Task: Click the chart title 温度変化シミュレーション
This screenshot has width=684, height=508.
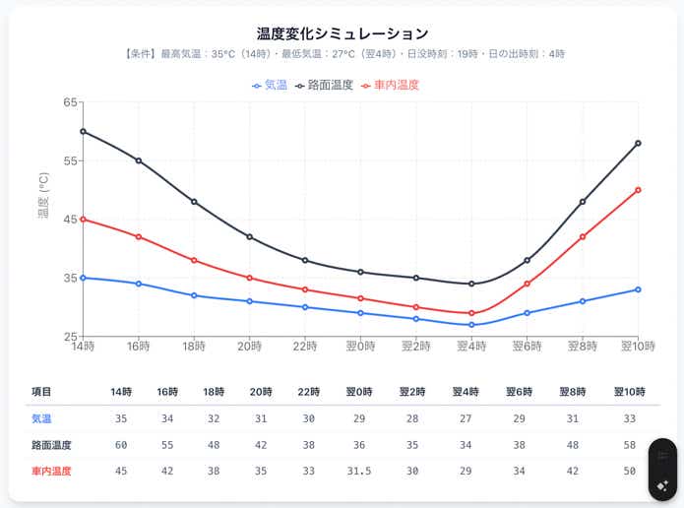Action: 342,34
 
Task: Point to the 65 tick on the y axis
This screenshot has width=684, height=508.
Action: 71,102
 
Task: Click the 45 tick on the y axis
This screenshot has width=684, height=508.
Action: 71,219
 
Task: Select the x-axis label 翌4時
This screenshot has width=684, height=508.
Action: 471,347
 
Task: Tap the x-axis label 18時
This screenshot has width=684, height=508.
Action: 194,347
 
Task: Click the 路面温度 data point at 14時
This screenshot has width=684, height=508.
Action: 83,131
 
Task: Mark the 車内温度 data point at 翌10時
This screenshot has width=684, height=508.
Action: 638,189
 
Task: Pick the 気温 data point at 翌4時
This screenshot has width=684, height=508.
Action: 471,325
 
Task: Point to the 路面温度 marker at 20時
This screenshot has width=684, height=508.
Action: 250,236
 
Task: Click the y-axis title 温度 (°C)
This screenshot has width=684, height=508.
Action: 43,195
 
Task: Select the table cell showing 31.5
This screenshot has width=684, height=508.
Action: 360,471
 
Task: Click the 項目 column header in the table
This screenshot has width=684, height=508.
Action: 41,392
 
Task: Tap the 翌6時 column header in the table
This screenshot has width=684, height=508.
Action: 520,392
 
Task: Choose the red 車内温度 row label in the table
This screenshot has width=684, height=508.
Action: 51,471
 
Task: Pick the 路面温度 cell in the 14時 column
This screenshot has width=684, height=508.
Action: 121,445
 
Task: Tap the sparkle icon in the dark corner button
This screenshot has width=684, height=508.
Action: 662,486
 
